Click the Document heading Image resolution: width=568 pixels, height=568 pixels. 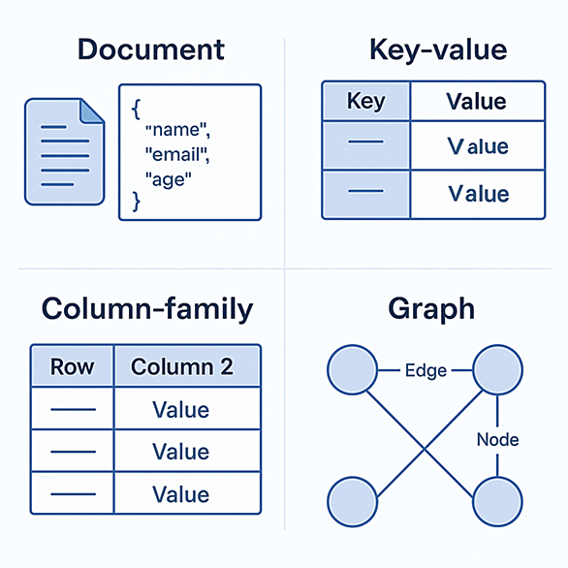pos(151,49)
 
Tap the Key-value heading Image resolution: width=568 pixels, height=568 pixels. pos(438,50)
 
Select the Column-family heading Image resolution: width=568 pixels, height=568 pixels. pos(147,309)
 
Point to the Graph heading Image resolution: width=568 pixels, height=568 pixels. pos(431,309)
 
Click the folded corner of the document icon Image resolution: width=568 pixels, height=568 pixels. pos(90,111)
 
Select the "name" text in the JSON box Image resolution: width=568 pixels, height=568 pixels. pos(177,130)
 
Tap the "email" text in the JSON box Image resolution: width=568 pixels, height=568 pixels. pos(177,155)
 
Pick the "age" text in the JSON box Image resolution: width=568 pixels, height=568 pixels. pos(168,179)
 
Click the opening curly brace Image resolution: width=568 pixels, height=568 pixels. pos(137,110)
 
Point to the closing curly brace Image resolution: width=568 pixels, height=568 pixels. pos(137,202)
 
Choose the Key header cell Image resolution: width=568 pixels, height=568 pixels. pos(365,101)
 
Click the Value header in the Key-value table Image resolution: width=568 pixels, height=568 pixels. pos(478,101)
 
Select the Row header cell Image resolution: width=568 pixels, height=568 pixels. pos(72,366)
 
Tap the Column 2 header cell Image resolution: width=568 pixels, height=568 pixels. pos(187,366)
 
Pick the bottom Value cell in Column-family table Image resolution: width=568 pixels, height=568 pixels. pos(187,493)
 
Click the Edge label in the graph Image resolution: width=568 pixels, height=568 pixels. pos(426,370)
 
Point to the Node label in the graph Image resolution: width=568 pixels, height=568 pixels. pos(497,439)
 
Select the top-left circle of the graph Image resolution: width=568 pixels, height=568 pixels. pos(353,370)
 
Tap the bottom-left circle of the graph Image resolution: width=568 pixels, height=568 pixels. pos(353,502)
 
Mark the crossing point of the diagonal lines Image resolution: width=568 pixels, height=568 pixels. pos(425,449)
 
